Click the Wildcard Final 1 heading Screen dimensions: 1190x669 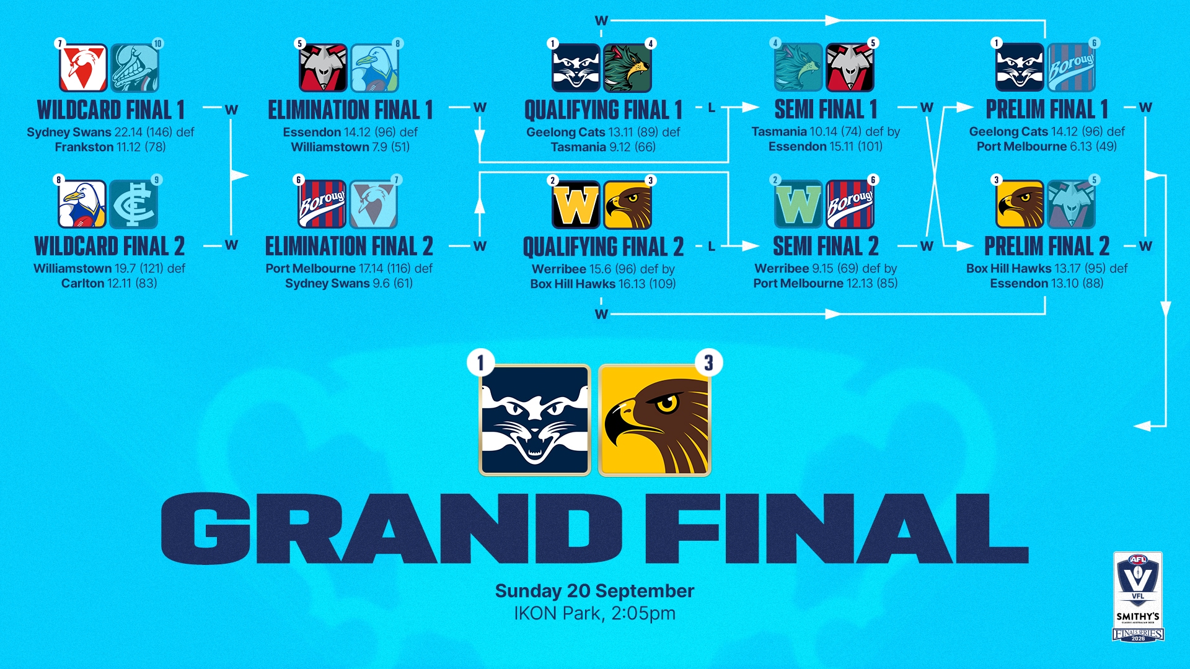click(111, 110)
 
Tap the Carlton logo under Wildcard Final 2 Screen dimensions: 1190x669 click(134, 204)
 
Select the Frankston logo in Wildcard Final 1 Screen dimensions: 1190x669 click(135, 68)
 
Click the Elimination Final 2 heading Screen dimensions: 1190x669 click(349, 246)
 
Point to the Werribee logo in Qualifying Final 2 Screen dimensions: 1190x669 click(576, 205)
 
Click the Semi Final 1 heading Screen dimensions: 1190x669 click(826, 109)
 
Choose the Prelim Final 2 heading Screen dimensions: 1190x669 click(1047, 246)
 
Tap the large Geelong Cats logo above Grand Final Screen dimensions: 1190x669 click(535, 420)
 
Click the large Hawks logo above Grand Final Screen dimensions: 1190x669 click(654, 420)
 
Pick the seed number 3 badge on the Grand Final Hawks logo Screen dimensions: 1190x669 click(709, 362)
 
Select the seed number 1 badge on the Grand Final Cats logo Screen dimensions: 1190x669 click(480, 362)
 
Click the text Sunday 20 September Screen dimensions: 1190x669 click(594, 591)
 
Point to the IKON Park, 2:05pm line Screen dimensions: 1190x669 click(594, 613)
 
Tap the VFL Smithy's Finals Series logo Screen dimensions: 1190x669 click(1138, 597)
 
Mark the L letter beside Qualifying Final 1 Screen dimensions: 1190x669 click(712, 108)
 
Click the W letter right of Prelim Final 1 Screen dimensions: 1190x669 click(1145, 108)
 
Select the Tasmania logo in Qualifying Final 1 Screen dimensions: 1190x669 click(627, 68)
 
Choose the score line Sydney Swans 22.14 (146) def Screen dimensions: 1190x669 click(110, 132)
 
